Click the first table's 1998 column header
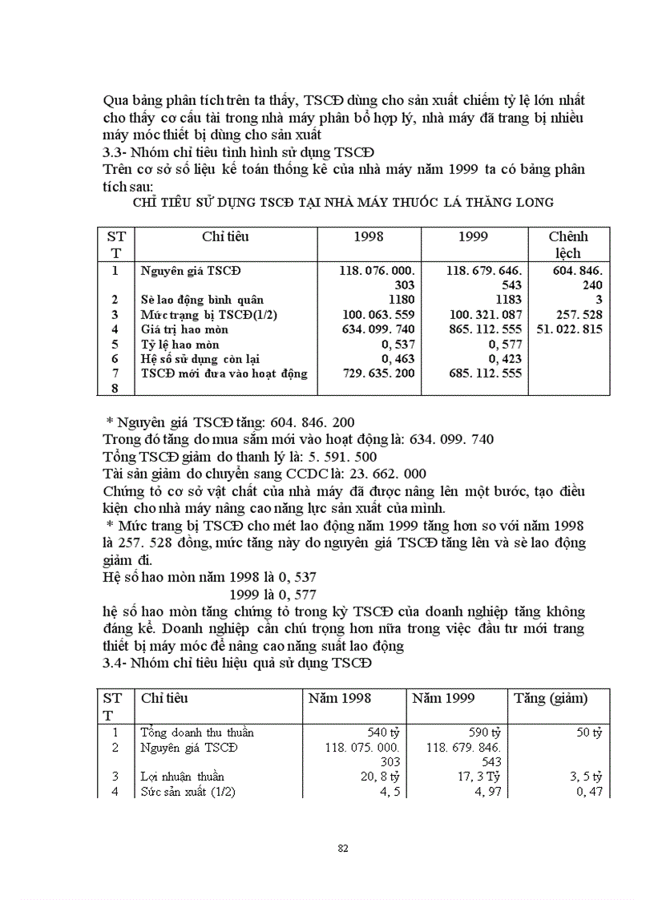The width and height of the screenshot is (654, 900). pos(369,236)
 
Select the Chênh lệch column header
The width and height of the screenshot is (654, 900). pos(568,244)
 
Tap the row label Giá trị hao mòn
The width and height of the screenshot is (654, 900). pos(184,329)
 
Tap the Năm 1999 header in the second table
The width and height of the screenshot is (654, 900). pos(443,698)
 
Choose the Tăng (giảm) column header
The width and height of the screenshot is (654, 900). pos(551,698)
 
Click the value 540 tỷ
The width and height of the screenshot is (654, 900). pos(383,733)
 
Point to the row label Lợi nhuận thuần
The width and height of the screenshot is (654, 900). pos(182,777)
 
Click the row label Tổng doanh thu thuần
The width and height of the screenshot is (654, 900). pos(197,733)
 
